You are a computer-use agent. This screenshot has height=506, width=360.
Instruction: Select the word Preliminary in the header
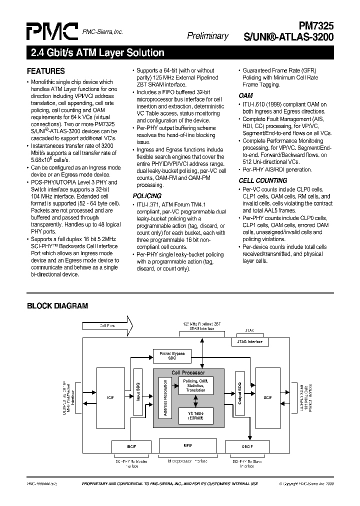[x=207, y=35]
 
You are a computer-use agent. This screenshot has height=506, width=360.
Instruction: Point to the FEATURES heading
[x=45, y=71]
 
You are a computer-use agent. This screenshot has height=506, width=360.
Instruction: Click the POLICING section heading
[x=147, y=196]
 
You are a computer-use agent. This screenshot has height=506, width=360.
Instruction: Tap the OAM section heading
[x=245, y=95]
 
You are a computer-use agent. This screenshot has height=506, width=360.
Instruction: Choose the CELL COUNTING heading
[x=262, y=180]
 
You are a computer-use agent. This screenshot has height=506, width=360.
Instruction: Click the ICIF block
[x=110, y=397]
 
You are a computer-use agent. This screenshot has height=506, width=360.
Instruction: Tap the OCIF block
[x=267, y=397]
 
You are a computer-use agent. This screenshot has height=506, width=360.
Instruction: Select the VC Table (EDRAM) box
[x=195, y=415]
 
